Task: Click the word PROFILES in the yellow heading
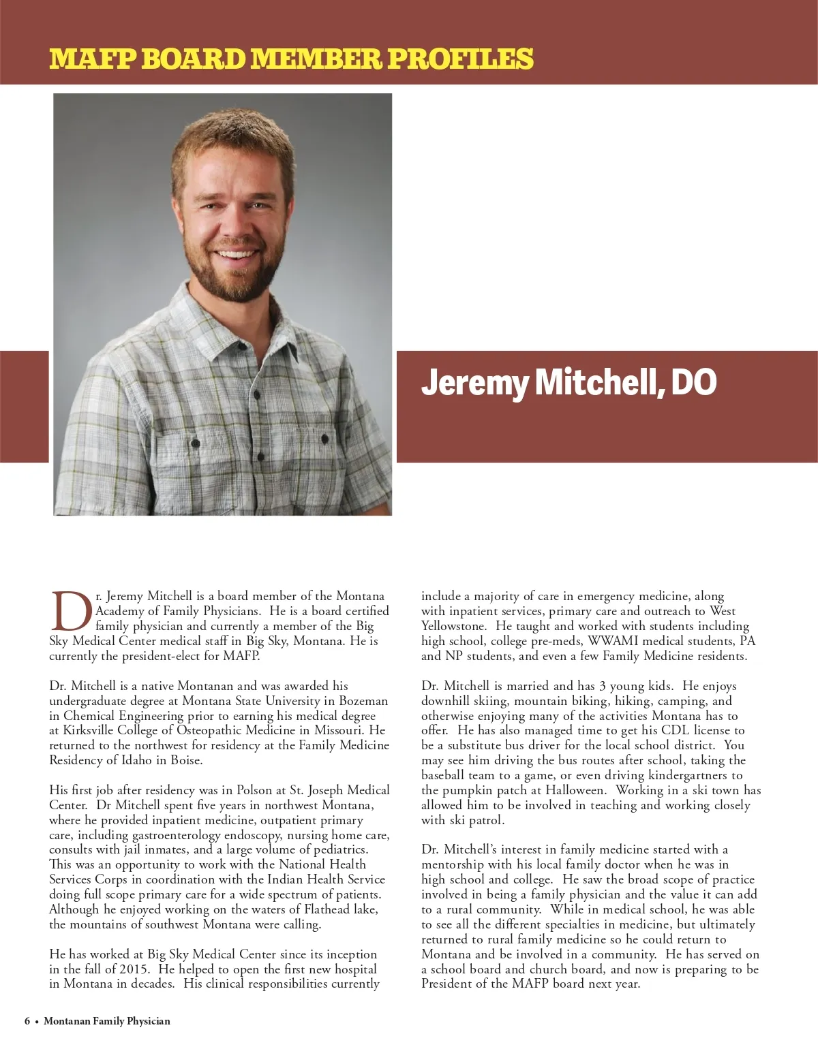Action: (460, 59)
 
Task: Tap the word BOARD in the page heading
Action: (194, 59)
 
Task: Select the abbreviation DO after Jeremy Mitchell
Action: (694, 382)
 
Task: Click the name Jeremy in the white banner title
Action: (474, 382)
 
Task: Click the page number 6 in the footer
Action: (27, 1021)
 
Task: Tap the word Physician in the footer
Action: (145, 1021)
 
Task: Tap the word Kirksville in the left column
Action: (89, 730)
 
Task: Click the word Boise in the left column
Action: (185, 760)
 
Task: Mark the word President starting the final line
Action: (449, 984)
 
